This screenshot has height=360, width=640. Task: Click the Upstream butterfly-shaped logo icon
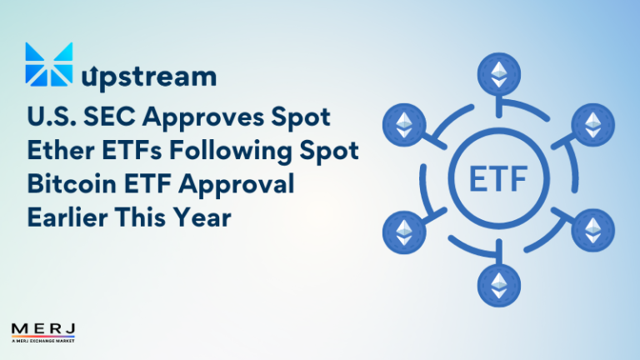(47, 64)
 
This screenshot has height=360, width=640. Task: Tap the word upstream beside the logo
(150, 77)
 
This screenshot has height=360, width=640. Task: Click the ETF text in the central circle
(498, 178)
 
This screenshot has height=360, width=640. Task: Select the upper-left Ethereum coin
(404, 126)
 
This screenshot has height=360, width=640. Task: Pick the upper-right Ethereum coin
(592, 126)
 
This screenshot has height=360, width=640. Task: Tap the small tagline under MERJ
(43, 340)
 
